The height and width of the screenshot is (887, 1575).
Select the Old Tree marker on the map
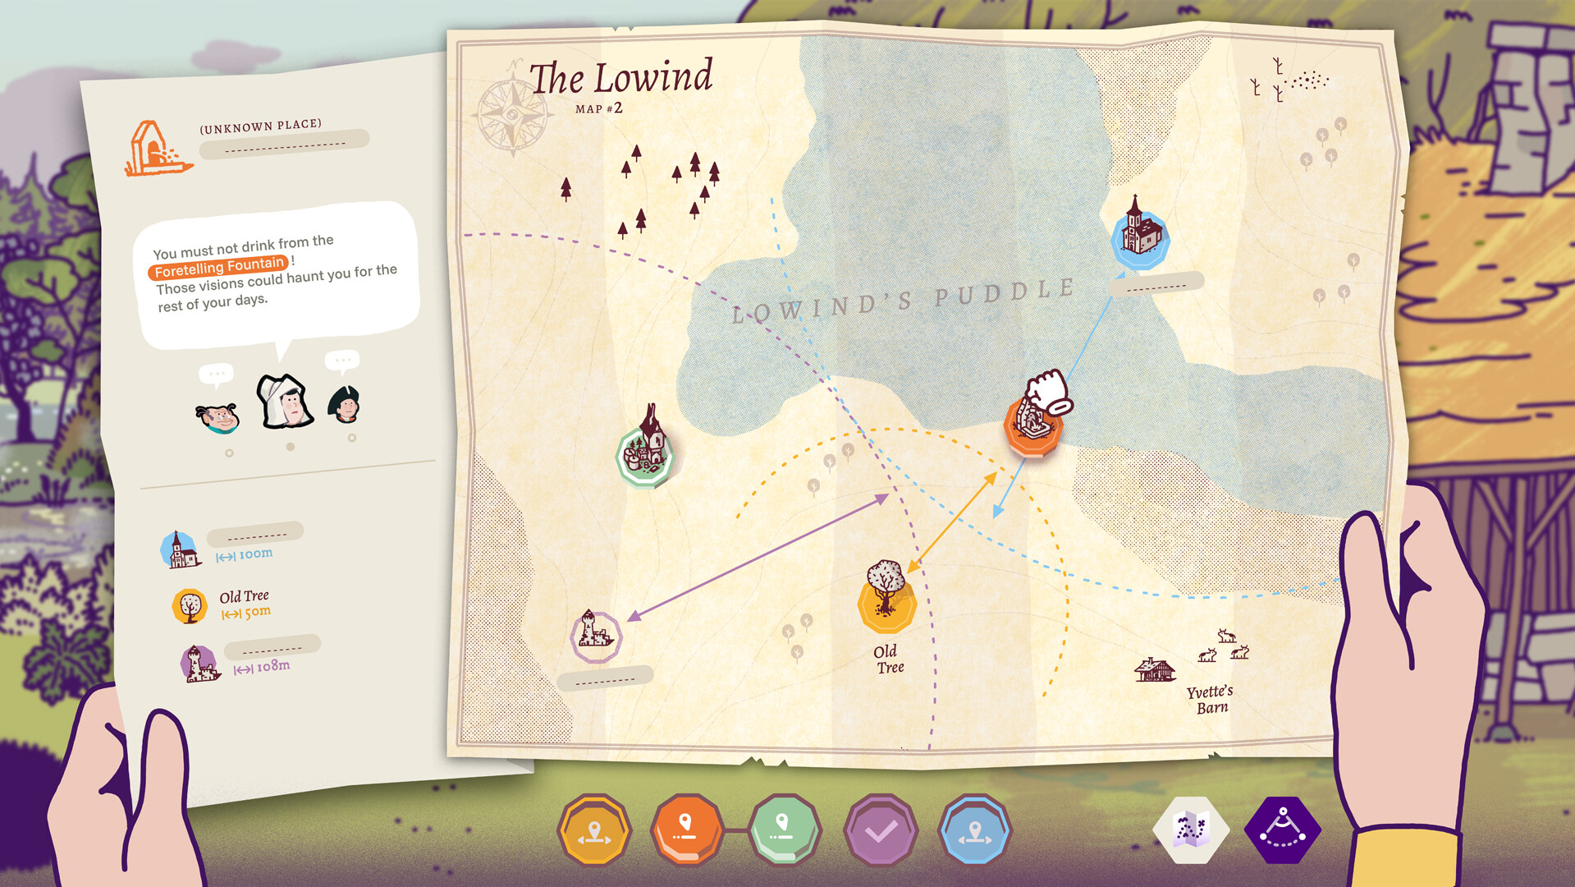[886, 600]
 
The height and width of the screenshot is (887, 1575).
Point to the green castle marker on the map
[646, 454]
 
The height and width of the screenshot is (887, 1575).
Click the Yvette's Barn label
[1210, 700]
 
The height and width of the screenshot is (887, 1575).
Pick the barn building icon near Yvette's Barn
[1154, 669]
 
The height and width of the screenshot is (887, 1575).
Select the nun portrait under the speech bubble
[285, 402]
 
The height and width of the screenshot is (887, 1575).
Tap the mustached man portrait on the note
[217, 417]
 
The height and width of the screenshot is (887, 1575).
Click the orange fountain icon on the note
[155, 149]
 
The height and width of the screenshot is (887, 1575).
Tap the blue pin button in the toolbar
[974, 830]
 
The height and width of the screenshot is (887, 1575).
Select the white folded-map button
[1191, 830]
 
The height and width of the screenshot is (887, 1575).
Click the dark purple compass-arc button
[1282, 830]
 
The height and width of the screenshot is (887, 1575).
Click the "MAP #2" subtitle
[598, 108]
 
